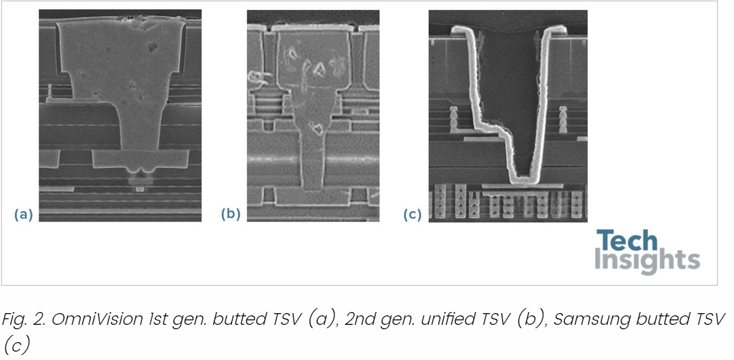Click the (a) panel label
[23, 214]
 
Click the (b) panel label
[230, 214]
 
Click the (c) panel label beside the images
[412, 214]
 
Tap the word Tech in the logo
[626, 241]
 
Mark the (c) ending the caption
[16, 345]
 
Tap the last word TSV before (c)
[709, 319]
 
